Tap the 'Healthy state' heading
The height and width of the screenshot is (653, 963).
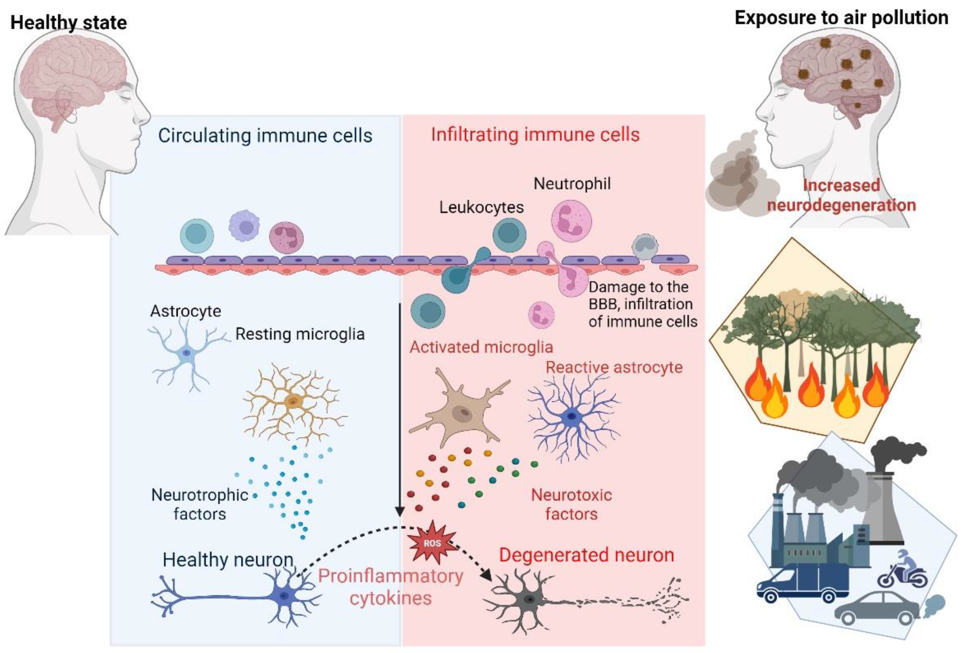68,22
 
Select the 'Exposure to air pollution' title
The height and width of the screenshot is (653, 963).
841,18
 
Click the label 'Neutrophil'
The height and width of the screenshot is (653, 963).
572,184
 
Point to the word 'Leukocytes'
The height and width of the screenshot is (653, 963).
481,207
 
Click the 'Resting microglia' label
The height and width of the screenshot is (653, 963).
300,334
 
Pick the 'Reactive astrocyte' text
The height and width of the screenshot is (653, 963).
614,367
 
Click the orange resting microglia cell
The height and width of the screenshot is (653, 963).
293,401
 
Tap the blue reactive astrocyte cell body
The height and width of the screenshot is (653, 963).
572,415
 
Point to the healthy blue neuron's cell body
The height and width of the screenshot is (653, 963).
284,595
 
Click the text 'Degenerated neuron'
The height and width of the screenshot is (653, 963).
586,555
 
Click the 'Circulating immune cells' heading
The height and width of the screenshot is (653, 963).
265,135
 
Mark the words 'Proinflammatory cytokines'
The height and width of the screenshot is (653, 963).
390,587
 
